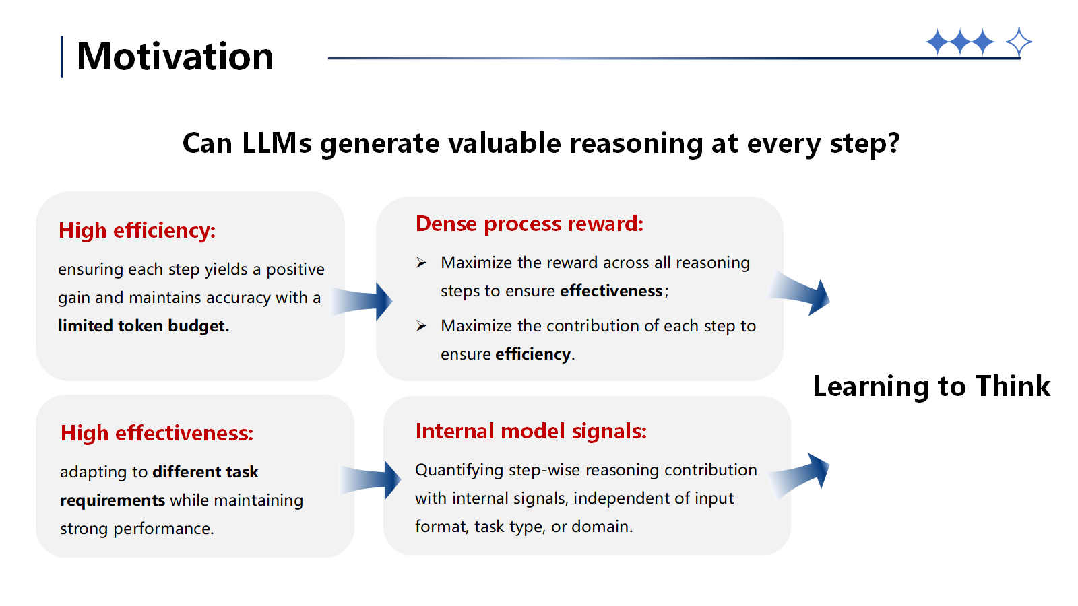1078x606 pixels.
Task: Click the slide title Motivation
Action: [x=175, y=57]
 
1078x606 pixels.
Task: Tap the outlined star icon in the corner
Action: [x=1019, y=42]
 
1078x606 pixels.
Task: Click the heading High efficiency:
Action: [x=137, y=230]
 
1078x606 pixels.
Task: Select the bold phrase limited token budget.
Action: [x=143, y=326]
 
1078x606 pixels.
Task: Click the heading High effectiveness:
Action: [x=156, y=433]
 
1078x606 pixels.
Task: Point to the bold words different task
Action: [x=205, y=472]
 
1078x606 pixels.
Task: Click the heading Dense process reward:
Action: [x=529, y=224]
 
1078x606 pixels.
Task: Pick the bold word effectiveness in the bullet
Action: [x=611, y=291]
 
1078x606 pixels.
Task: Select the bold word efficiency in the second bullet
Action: [x=533, y=354]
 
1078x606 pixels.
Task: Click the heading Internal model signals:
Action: [x=530, y=431]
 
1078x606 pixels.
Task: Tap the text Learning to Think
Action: [x=931, y=386]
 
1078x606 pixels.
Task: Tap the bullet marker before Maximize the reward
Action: [x=421, y=263]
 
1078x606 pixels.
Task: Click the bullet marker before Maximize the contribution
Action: [x=421, y=326]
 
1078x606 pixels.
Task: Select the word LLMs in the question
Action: [x=276, y=143]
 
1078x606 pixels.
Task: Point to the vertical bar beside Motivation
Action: [x=62, y=57]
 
